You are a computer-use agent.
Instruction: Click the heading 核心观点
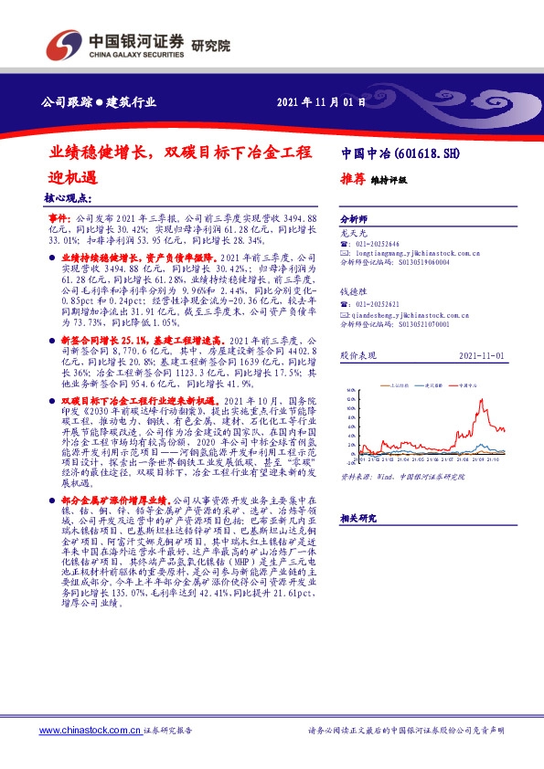67,196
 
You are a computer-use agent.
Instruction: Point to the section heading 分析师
354,220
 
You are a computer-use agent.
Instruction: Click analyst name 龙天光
352,234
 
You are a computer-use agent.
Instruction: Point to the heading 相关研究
357,518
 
